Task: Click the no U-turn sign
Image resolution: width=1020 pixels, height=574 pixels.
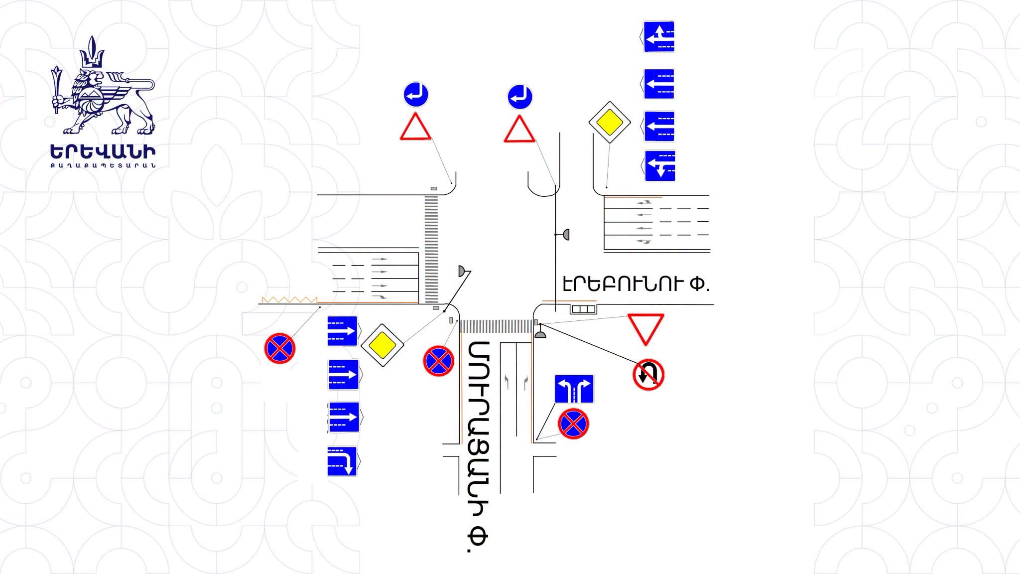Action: pyautogui.click(x=648, y=375)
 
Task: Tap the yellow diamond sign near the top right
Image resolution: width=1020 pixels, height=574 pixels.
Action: pyautogui.click(x=610, y=123)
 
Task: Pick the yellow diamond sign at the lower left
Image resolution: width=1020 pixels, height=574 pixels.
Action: pyautogui.click(x=382, y=345)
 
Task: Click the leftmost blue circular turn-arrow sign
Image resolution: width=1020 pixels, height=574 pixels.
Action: pyautogui.click(x=416, y=95)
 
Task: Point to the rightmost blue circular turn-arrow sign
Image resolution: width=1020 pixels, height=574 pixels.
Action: pyautogui.click(x=520, y=97)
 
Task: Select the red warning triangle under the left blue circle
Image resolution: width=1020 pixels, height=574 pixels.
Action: pyautogui.click(x=415, y=127)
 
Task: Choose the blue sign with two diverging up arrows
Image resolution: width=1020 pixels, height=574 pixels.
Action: pyautogui.click(x=574, y=389)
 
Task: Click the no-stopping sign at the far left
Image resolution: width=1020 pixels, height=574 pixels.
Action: pyautogui.click(x=280, y=348)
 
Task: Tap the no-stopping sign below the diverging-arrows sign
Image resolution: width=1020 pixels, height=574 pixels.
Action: pyautogui.click(x=573, y=424)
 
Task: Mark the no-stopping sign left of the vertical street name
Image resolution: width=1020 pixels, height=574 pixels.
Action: pyautogui.click(x=439, y=361)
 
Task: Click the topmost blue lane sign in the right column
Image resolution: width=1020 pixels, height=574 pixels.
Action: pyautogui.click(x=659, y=36)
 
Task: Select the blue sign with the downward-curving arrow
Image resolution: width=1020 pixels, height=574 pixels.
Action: pyautogui.click(x=342, y=462)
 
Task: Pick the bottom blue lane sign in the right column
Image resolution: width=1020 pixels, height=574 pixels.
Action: pyautogui.click(x=660, y=166)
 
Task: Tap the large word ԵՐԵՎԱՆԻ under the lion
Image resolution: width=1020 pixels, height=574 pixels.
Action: pyautogui.click(x=103, y=152)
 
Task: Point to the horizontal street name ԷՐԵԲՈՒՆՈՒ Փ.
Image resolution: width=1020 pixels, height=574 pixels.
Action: pyautogui.click(x=636, y=284)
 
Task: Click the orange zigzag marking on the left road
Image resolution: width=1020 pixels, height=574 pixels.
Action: pyautogui.click(x=289, y=299)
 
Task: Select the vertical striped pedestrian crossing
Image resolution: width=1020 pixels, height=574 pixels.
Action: pyautogui.click(x=431, y=249)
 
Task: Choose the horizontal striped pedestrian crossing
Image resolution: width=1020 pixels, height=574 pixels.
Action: pyautogui.click(x=496, y=326)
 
